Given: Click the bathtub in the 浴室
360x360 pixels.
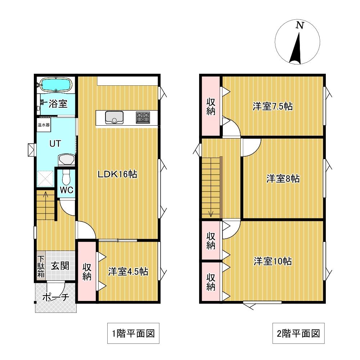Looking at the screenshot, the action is [x=56, y=85].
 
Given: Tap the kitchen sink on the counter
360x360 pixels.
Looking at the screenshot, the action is [x=114, y=118].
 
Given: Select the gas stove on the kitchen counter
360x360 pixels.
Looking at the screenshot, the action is [x=143, y=118].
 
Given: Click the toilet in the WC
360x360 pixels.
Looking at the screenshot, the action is [x=66, y=177].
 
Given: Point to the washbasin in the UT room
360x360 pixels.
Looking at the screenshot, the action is [x=66, y=159].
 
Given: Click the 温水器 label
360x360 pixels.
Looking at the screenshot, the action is [x=44, y=125].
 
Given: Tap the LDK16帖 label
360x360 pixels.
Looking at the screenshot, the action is [x=118, y=174].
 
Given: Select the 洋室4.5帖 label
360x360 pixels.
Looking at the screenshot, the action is [x=128, y=271].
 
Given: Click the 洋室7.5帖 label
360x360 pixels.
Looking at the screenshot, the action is [x=273, y=107].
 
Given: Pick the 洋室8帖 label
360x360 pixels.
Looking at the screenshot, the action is [x=283, y=179].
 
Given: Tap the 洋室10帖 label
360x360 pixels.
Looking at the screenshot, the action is [x=273, y=261].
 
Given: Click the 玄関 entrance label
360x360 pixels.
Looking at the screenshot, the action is [x=60, y=266].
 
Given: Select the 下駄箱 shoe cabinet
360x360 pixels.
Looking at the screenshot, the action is [x=41, y=266].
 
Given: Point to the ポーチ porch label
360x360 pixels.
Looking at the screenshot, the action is [x=56, y=297].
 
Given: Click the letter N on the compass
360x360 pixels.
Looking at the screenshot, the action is [x=300, y=25].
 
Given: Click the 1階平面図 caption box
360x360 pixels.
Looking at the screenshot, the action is [x=134, y=333].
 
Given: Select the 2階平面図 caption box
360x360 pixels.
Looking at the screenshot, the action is [x=298, y=333].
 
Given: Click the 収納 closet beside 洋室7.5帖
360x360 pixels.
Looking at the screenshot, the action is [x=211, y=106].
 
